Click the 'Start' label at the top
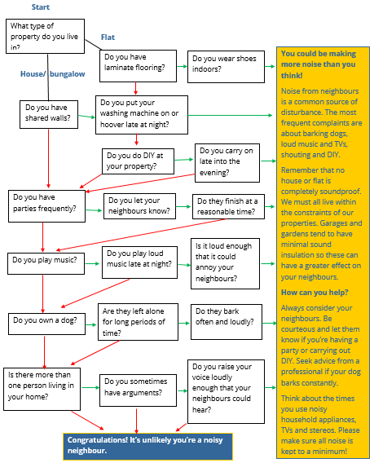pos(41,7)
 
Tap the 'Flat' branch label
pos(108,37)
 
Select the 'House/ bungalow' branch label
pos(52,74)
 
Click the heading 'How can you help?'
pos(315,293)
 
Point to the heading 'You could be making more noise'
pos(319,64)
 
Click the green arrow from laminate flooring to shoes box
pos(183,67)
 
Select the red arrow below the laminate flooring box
pos(135,88)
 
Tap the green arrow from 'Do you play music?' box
pos(92,263)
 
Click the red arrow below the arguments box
pos(136,421)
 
